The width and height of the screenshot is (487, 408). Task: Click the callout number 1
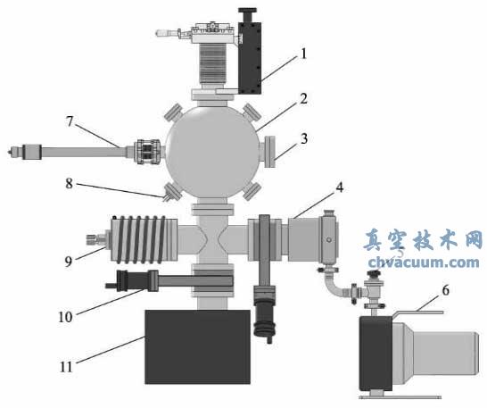tap(304, 54)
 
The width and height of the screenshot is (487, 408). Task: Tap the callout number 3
tap(304, 139)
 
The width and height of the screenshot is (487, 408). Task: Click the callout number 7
tap(70, 119)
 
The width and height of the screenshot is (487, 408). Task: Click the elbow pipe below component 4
tap(330, 284)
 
